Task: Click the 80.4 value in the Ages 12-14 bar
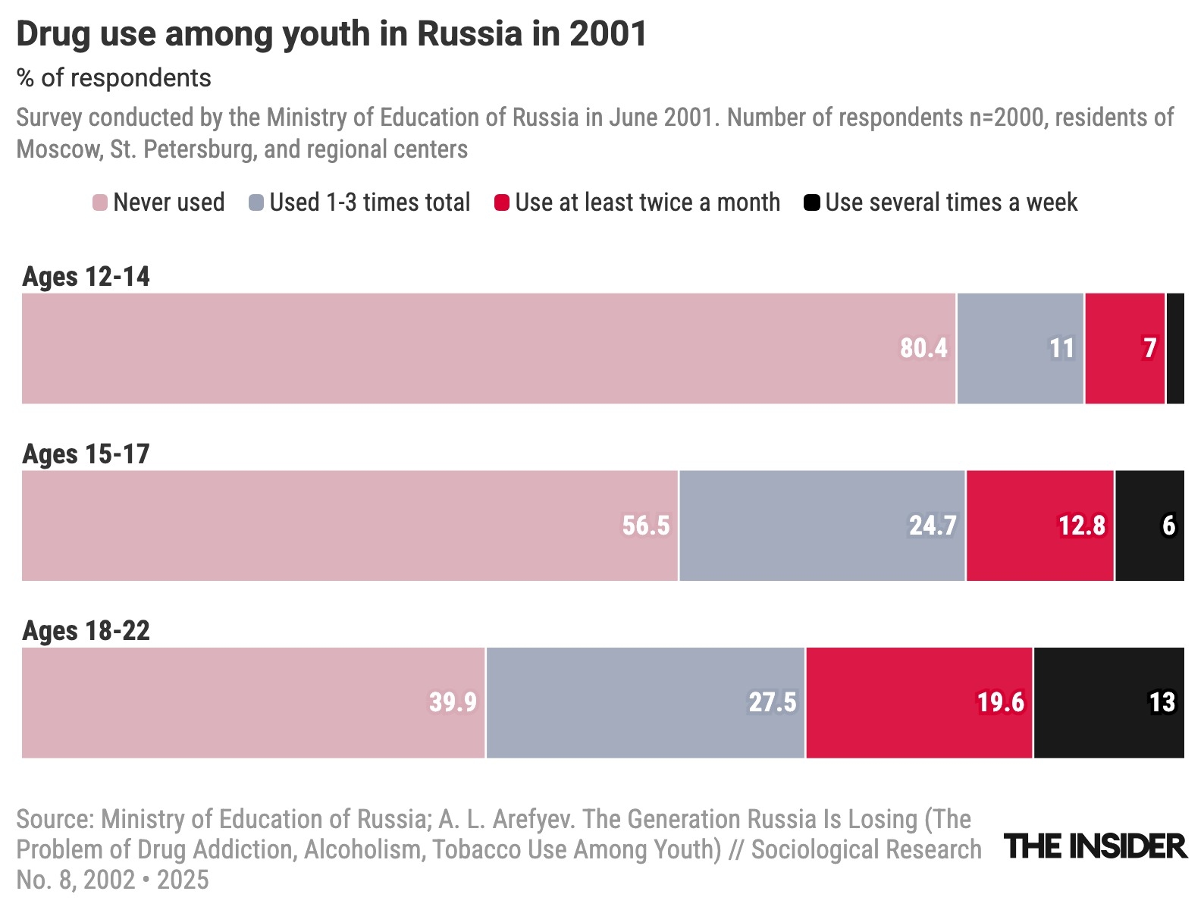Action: click(923, 348)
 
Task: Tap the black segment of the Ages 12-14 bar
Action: click(1175, 348)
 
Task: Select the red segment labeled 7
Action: click(1124, 348)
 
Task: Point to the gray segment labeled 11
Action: click(1021, 348)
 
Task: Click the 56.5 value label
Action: click(646, 526)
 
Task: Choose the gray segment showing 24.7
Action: click(822, 526)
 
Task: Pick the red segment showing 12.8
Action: click(1040, 526)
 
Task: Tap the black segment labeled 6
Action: click(1149, 526)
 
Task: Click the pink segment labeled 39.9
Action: click(253, 703)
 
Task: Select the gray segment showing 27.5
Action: click(645, 703)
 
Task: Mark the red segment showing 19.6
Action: click(919, 703)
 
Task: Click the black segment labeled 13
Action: click(1108, 703)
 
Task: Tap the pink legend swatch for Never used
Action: click(100, 203)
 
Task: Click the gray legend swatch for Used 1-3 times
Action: click(256, 203)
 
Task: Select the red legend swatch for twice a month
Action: click(502, 203)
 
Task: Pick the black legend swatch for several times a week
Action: click(812, 203)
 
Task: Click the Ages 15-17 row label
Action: click(86, 454)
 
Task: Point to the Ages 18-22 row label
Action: click(86, 631)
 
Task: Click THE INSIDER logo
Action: click(1096, 846)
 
